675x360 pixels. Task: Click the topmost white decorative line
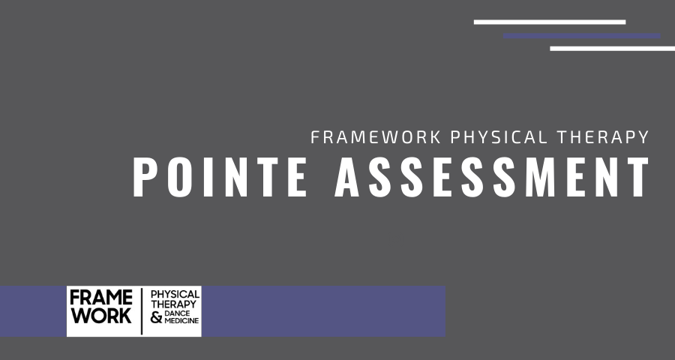pyautogui.click(x=549, y=22)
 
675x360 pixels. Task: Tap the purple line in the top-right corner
pyautogui.click(x=582, y=35)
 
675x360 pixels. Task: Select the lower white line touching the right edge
pyautogui.click(x=612, y=49)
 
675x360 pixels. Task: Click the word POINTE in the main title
pyautogui.click(x=220, y=178)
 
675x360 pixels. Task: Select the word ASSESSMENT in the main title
pyautogui.click(x=491, y=178)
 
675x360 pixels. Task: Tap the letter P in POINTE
pyautogui.click(x=147, y=178)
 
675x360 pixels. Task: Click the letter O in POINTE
pyautogui.click(x=178, y=178)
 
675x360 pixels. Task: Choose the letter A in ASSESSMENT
pyautogui.click(x=349, y=178)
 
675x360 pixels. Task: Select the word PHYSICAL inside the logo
pyautogui.click(x=175, y=294)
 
